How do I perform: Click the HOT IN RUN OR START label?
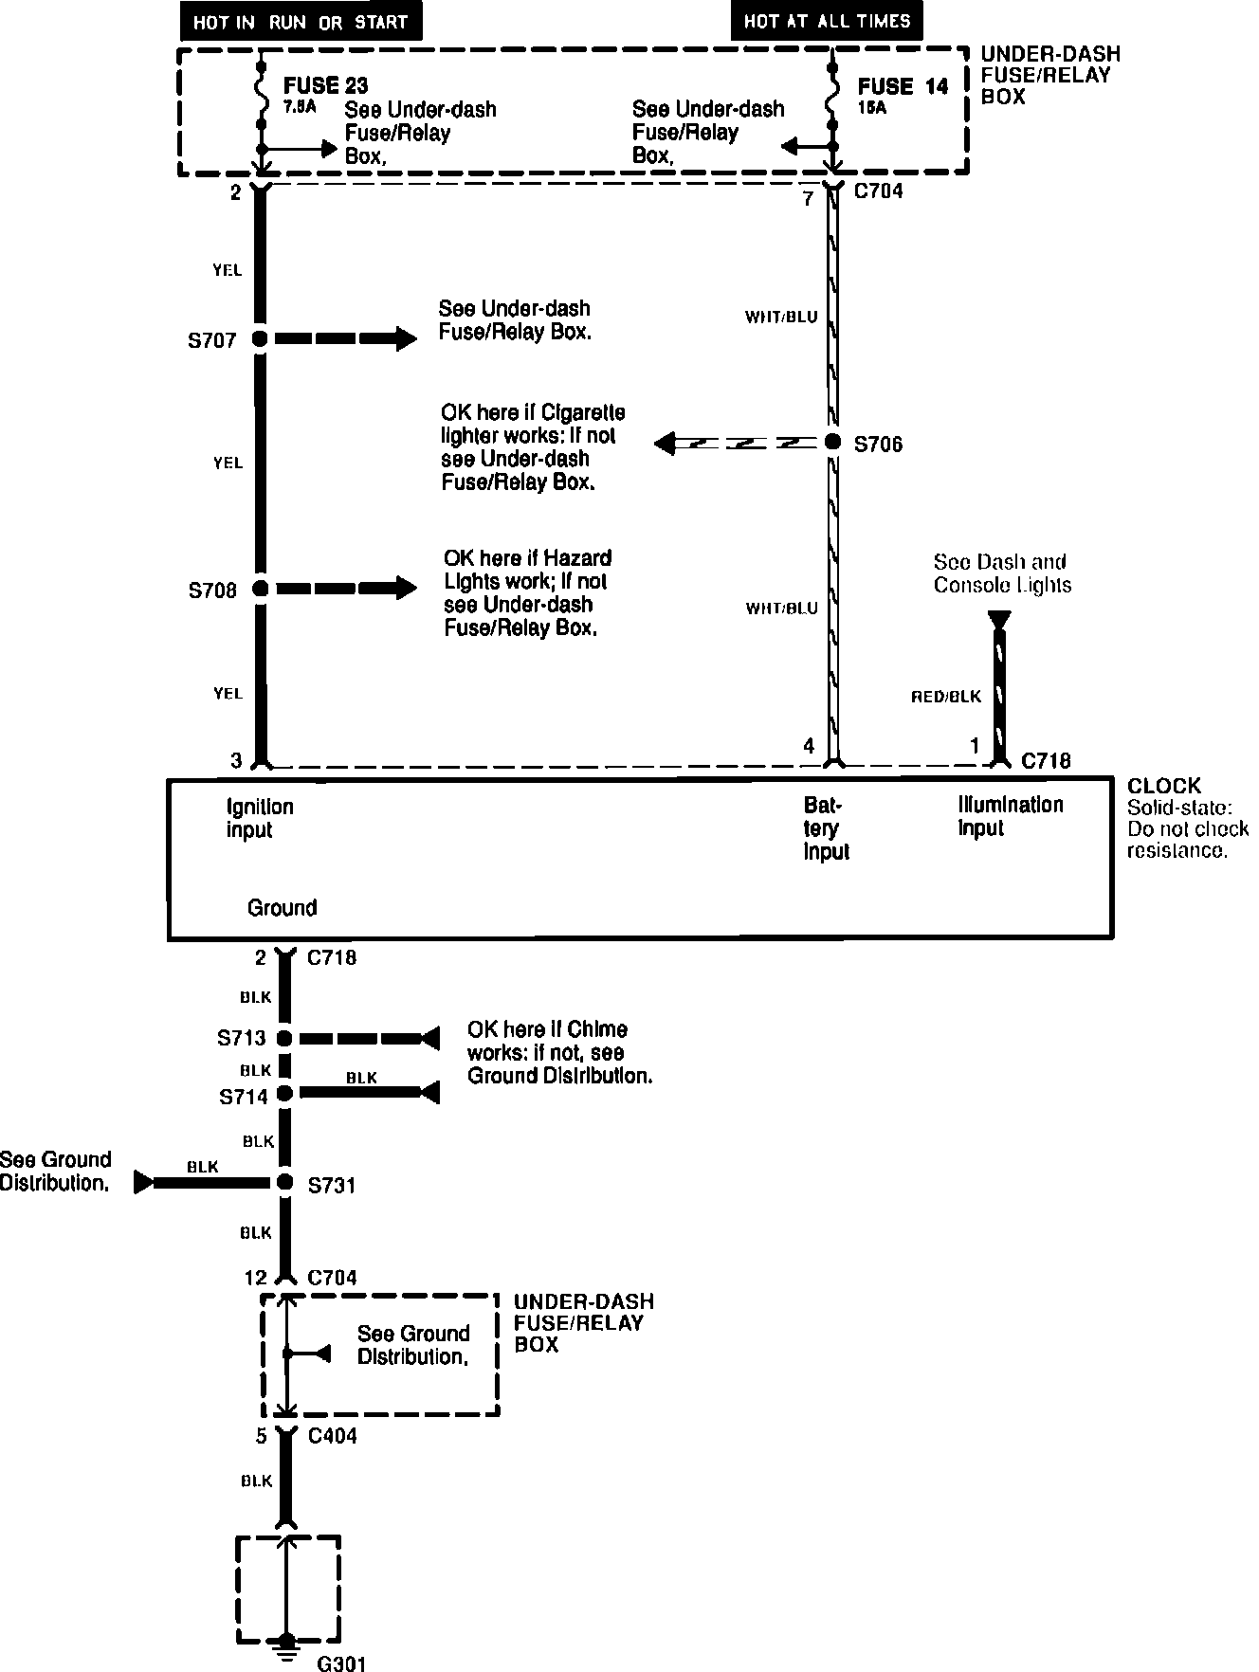[x=301, y=22]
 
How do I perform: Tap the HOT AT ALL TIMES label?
[x=827, y=21]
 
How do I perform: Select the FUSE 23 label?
[x=325, y=87]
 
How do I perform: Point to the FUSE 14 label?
[x=903, y=87]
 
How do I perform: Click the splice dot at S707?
[x=260, y=338]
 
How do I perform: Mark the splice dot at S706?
[x=832, y=442]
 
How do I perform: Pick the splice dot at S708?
[x=260, y=589]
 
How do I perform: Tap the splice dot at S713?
[x=284, y=1039]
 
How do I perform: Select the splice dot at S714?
[x=284, y=1093]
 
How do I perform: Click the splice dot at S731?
[x=284, y=1182]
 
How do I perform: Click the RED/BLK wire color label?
[x=946, y=697]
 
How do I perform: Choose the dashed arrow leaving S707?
[x=345, y=338]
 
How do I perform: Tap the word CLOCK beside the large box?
[x=1164, y=786]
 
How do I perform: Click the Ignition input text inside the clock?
[x=260, y=819]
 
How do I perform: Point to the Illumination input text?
[x=1010, y=816]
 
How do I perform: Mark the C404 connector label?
[x=333, y=1436]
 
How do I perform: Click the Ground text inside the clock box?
[x=282, y=908]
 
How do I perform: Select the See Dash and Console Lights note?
[x=1002, y=573]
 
